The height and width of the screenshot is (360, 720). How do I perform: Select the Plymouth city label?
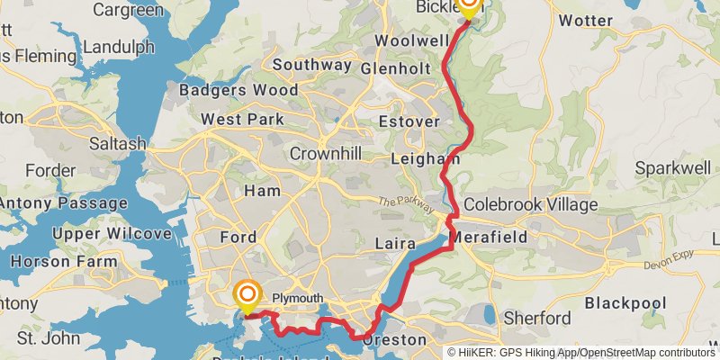pyautogui.click(x=297, y=298)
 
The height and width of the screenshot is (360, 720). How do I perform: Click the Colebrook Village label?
pyautogui.click(x=530, y=204)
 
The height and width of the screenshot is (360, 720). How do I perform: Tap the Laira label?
pyautogui.click(x=393, y=243)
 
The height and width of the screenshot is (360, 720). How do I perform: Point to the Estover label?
pyautogui.click(x=409, y=121)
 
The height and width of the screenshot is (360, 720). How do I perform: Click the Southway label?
pyautogui.click(x=311, y=65)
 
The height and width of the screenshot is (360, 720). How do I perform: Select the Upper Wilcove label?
pyautogui.click(x=112, y=234)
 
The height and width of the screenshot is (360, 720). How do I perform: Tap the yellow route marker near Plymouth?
pyautogui.click(x=246, y=296)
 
